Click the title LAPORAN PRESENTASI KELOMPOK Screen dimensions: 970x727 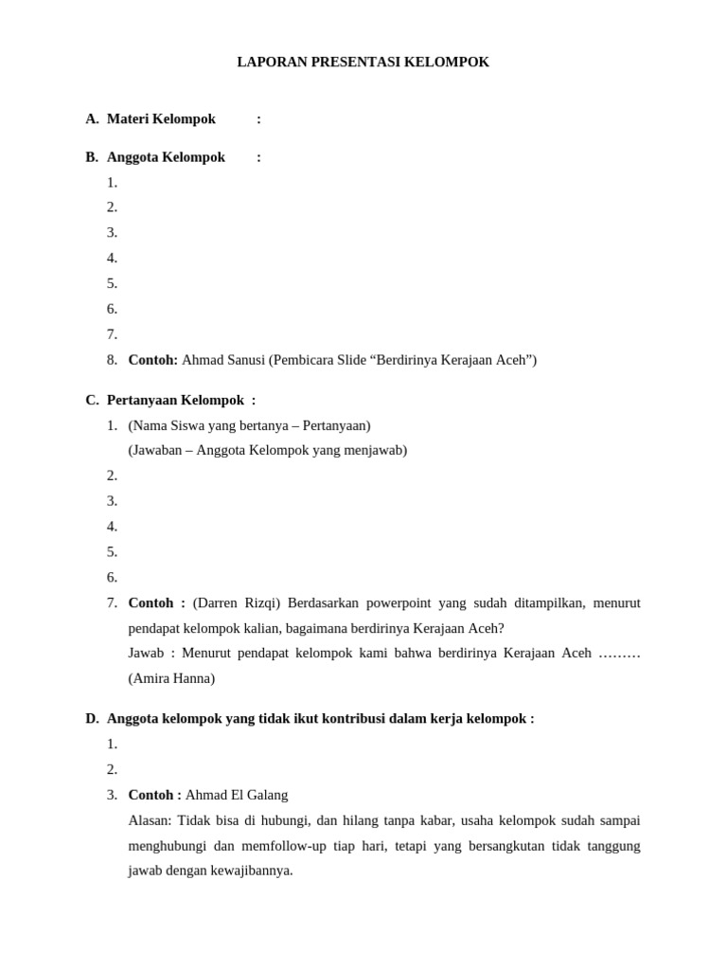click(x=363, y=63)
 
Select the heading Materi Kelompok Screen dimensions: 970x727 click(x=161, y=119)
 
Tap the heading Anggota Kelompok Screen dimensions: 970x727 click(x=166, y=157)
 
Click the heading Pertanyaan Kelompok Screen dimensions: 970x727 click(x=175, y=401)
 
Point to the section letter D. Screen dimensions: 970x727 click(x=92, y=719)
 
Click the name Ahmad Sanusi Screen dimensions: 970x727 click(x=223, y=360)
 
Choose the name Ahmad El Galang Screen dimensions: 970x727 click(x=237, y=795)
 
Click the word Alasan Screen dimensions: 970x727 click(x=150, y=820)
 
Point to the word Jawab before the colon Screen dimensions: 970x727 click(x=146, y=654)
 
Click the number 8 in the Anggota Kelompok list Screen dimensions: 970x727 click(x=112, y=360)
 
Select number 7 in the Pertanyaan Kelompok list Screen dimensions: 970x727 click(x=112, y=603)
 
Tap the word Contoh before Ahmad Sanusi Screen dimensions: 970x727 click(x=152, y=360)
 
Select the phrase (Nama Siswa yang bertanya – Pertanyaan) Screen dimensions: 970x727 click(x=249, y=426)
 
